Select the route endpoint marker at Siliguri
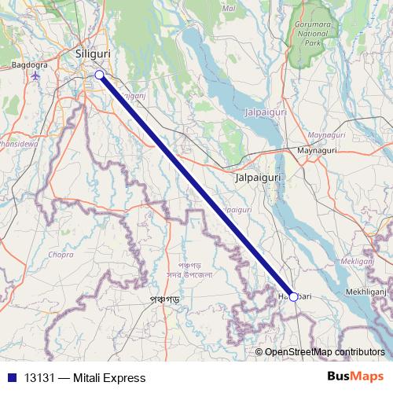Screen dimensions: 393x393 (x=99, y=75)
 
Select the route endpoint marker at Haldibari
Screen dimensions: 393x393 (x=293, y=296)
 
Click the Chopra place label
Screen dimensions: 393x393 (x=61, y=255)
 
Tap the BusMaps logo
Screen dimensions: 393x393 (x=355, y=376)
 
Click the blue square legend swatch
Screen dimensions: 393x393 (x=11, y=377)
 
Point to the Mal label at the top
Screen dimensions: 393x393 (x=230, y=8)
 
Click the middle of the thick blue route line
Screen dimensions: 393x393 (x=196, y=185)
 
